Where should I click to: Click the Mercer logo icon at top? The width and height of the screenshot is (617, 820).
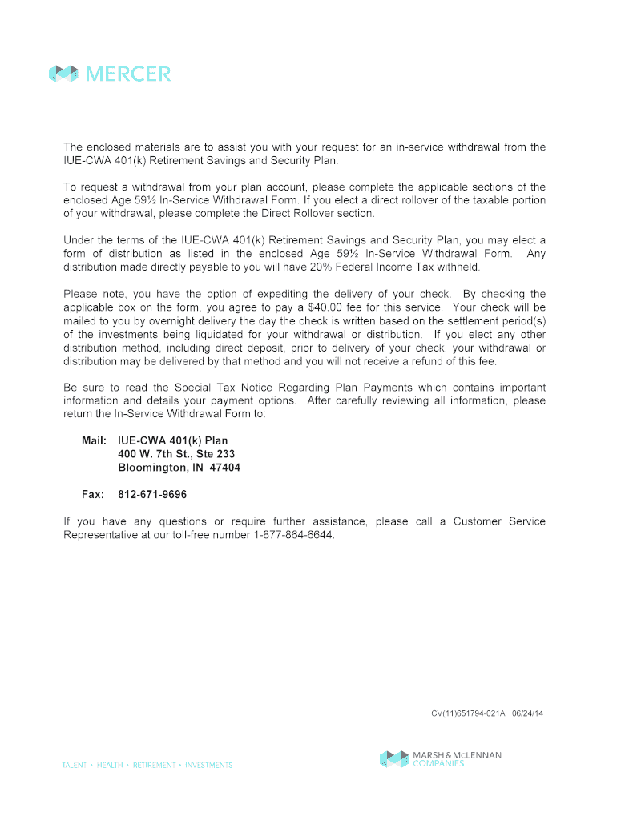click(63, 74)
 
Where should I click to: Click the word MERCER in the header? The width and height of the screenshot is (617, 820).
click(128, 74)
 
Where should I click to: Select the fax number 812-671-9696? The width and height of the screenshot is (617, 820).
click(152, 495)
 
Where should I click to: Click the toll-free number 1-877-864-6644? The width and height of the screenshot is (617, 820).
click(292, 535)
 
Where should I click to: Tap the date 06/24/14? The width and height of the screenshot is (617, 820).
click(527, 713)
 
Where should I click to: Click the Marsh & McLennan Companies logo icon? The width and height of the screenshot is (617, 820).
click(394, 758)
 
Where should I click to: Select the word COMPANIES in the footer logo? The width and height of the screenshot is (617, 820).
click(439, 764)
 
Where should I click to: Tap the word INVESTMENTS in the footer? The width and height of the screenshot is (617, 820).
click(208, 766)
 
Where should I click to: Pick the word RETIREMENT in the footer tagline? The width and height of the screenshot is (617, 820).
click(154, 766)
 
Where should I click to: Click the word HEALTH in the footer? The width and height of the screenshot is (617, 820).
click(110, 766)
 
